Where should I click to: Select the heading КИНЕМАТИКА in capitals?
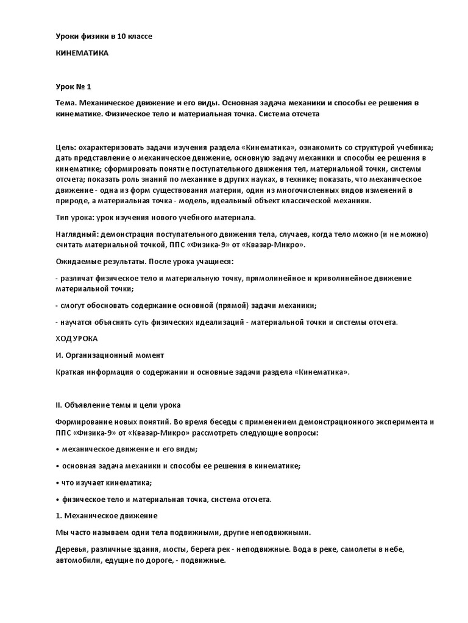82,54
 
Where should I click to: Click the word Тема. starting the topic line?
66,103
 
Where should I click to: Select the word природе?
72,201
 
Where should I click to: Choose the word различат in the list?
76,277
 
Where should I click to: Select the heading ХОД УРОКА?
76,338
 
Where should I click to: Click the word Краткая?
70,371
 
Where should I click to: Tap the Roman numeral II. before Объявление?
58,405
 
